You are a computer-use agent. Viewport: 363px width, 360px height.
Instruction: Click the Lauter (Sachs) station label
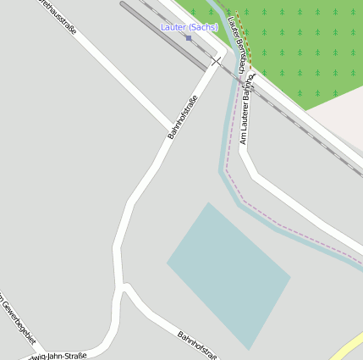(x=189, y=27)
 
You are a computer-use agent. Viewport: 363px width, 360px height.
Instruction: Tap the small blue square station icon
(x=189, y=37)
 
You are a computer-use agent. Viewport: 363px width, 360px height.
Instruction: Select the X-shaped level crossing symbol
(x=217, y=61)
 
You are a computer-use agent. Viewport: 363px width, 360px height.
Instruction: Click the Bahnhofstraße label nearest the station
(x=183, y=118)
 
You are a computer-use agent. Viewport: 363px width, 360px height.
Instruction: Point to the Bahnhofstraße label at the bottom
(x=196, y=346)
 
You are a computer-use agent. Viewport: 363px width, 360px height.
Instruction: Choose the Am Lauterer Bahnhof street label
(x=245, y=119)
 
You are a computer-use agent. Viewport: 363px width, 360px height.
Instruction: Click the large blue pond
(x=228, y=271)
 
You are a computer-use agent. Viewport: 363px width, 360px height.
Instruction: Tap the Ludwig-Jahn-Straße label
(x=59, y=355)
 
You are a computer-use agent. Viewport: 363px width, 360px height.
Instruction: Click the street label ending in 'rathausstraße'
(x=56, y=16)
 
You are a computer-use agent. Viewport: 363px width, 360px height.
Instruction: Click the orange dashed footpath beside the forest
(x=241, y=42)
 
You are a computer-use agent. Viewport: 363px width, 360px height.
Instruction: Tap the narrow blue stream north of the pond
(x=227, y=127)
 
